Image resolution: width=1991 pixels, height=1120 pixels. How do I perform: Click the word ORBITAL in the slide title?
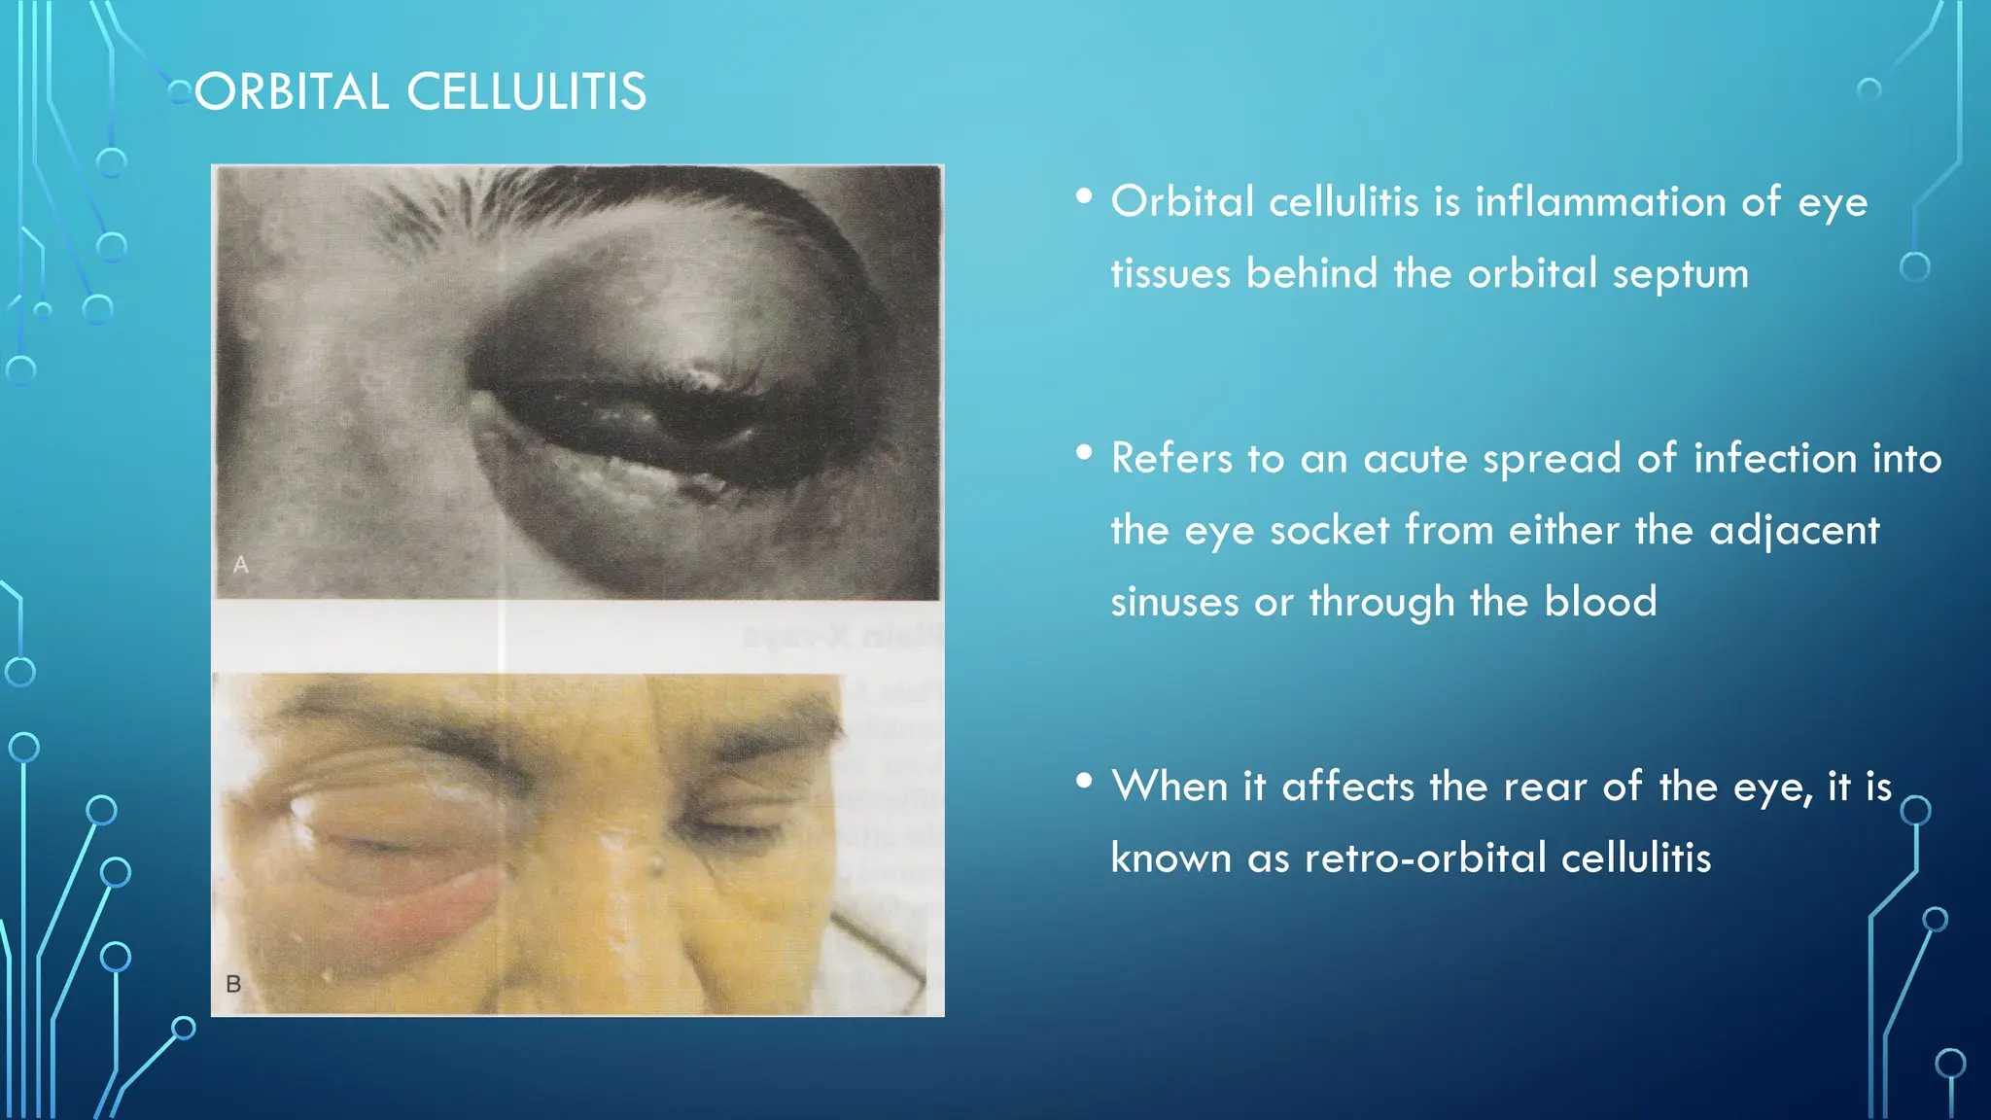(x=292, y=93)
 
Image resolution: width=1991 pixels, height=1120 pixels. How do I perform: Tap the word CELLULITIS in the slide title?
(x=526, y=93)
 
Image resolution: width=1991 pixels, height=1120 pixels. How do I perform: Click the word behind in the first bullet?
(x=1311, y=274)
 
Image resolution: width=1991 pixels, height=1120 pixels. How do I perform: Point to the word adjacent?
(x=1795, y=531)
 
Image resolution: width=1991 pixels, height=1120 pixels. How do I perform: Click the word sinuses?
(x=1174, y=603)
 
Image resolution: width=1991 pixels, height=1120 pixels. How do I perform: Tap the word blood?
(x=1600, y=603)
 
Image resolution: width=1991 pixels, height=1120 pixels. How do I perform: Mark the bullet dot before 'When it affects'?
(x=1084, y=780)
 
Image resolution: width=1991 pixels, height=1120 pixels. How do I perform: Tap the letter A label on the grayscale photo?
(x=241, y=565)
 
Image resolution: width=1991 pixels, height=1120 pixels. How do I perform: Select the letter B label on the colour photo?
(x=233, y=984)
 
